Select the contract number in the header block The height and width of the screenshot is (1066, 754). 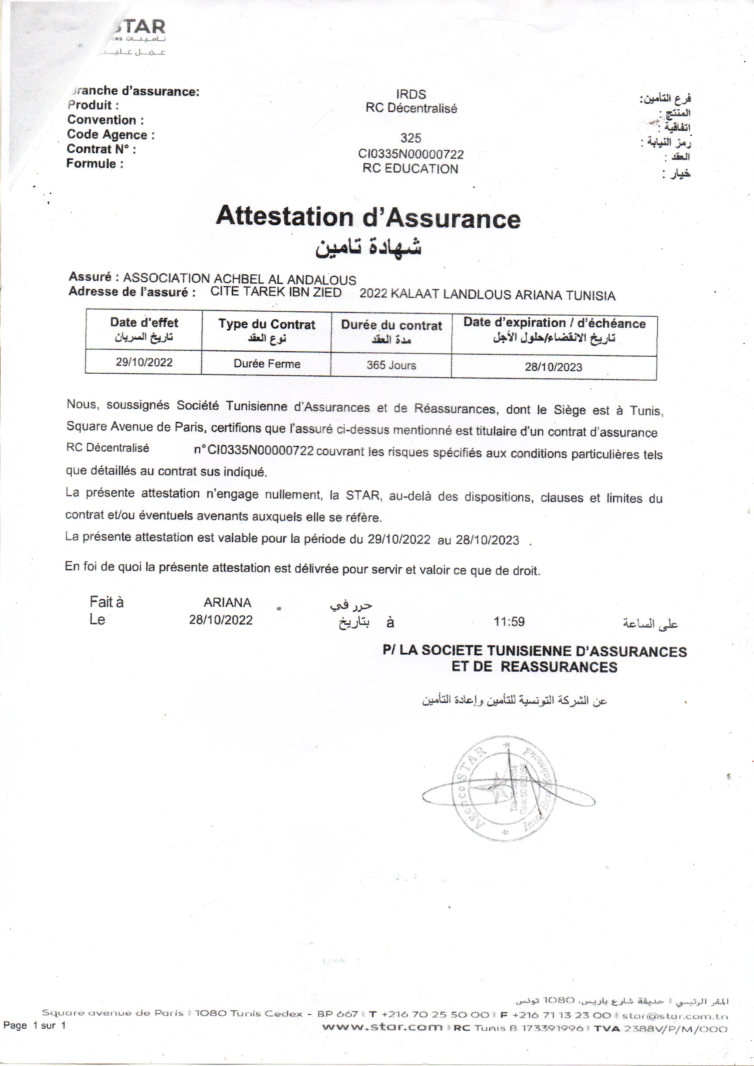point(411,154)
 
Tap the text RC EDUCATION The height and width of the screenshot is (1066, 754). point(410,169)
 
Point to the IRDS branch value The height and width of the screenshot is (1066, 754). point(411,94)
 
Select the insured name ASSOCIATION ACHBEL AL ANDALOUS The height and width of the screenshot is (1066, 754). point(239,279)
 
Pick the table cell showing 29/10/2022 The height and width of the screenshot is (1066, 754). point(144,362)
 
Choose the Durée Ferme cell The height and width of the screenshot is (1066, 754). point(267,364)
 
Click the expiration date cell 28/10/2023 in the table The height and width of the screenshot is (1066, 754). point(553,367)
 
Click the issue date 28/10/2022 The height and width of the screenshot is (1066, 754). point(221,620)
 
